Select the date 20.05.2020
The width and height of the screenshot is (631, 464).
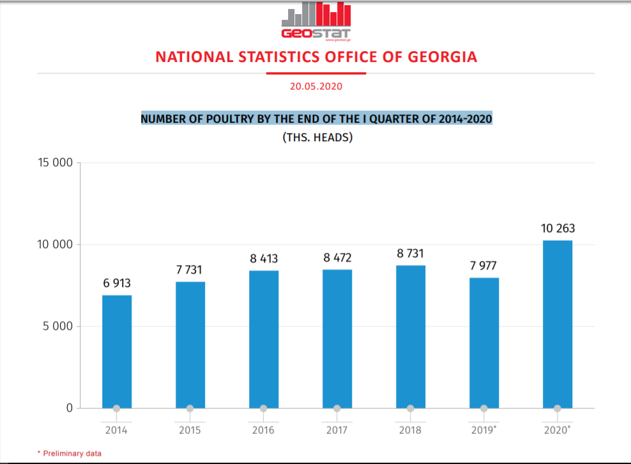(x=315, y=86)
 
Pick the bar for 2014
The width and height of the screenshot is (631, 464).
(x=117, y=352)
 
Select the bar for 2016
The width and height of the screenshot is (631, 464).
(x=264, y=339)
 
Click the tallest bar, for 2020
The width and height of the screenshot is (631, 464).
(x=558, y=324)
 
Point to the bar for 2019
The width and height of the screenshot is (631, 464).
(x=484, y=343)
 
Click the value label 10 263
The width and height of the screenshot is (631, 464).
(x=558, y=228)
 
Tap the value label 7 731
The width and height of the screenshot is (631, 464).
(x=190, y=270)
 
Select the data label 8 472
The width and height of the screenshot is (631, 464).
(x=337, y=258)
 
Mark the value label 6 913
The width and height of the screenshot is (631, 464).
(x=117, y=283)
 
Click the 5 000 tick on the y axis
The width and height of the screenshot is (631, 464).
(x=57, y=327)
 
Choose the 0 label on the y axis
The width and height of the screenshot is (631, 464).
(x=70, y=408)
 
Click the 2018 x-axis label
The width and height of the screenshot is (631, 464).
(x=410, y=430)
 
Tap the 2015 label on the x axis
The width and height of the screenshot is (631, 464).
(x=190, y=430)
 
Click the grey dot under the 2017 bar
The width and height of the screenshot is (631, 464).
(x=337, y=408)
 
